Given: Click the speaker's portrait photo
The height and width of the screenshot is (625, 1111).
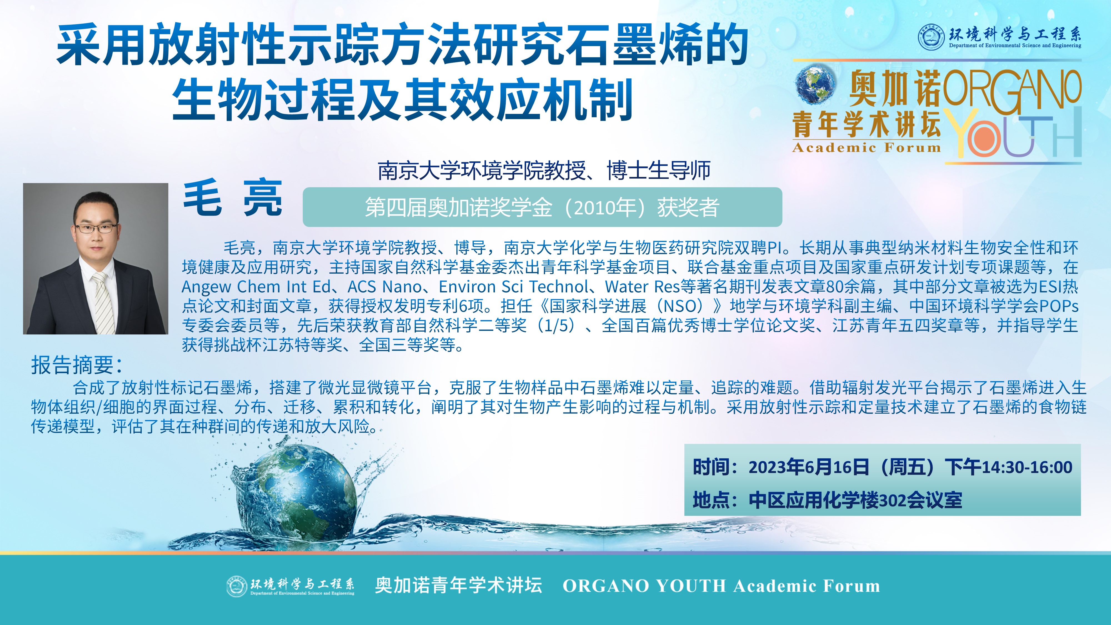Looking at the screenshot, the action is tap(95, 258).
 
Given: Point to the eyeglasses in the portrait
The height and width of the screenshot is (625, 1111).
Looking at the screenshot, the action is tap(96, 228).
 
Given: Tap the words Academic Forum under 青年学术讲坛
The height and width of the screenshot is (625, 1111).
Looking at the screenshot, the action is tap(866, 147).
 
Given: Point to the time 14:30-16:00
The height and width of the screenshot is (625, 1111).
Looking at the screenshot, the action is tap(1027, 467).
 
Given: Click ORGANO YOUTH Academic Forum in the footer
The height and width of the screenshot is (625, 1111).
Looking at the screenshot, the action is tap(721, 586).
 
